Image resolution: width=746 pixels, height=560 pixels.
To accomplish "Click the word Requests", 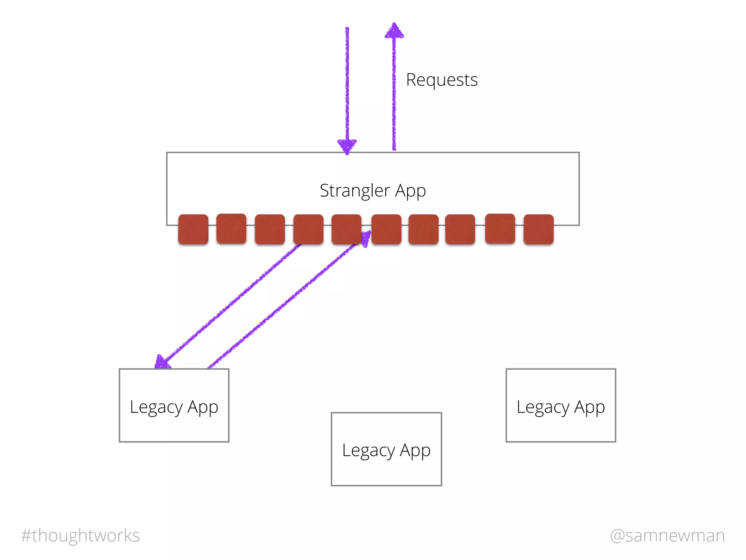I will coord(441,80).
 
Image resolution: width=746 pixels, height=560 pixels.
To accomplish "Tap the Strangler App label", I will coord(373,190).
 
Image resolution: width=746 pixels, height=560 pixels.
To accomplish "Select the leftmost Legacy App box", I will coord(174,405).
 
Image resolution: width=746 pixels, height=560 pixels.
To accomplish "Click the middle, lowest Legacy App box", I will coord(386,449).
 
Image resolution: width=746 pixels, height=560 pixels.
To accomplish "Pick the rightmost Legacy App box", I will coord(561,405).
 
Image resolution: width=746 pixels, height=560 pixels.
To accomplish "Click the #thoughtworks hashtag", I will coord(81,536).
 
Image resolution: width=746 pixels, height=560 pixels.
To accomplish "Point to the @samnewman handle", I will coord(667,536).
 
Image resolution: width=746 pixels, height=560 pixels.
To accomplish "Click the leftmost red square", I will coord(193,229).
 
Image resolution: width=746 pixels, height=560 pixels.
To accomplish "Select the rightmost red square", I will coord(538,229).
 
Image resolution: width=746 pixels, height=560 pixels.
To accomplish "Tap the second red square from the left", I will coord(231,228).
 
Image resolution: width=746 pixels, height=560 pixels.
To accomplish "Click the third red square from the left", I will coord(270,229).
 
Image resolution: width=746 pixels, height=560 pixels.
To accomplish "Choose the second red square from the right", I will coord(500,228).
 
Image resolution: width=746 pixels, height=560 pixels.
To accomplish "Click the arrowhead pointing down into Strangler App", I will coord(347,146).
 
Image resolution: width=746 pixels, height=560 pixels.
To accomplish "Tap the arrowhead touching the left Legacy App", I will coord(162,362).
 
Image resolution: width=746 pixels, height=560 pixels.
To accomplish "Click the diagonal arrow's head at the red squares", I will coord(366,238).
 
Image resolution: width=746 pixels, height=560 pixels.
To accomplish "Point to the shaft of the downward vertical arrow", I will coord(347,84).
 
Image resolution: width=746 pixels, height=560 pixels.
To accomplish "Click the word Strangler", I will coord(355,190).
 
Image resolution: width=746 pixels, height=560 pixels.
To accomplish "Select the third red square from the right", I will coord(460,229).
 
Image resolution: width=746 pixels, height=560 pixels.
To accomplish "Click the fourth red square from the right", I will coord(423,229).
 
